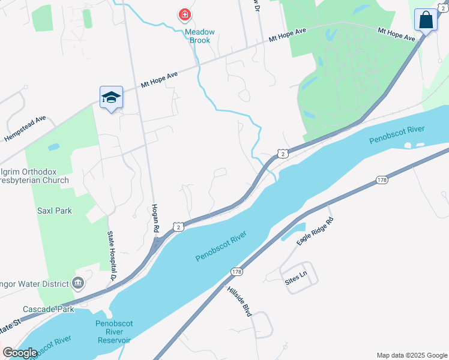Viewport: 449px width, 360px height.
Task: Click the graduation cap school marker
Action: coord(111,98)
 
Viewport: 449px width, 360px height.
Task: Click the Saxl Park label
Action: coord(55,211)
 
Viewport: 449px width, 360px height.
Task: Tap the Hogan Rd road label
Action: coord(155,217)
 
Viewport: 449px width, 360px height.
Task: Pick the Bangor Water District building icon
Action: coord(78,283)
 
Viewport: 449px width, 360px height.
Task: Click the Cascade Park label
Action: coord(49,310)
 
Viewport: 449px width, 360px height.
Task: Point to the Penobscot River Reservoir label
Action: coord(113,332)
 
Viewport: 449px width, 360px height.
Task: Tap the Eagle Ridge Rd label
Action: coord(315,231)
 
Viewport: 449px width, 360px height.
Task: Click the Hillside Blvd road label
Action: coord(238,301)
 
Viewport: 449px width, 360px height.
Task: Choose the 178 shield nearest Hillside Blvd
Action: coord(236,272)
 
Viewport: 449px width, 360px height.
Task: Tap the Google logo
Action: coord(20,353)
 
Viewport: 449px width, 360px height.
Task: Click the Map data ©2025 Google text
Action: coord(411,355)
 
